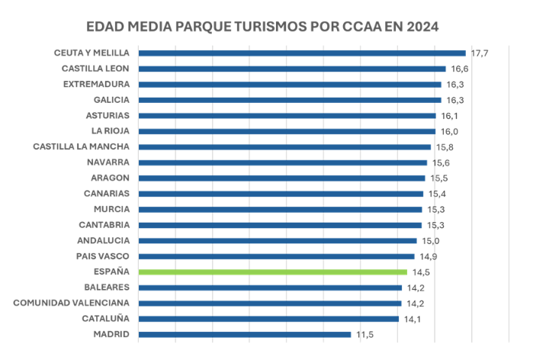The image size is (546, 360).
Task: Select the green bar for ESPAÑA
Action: pos(273,272)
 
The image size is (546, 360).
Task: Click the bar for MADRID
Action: pos(245,334)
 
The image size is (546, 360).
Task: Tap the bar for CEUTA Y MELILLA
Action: pos(302,53)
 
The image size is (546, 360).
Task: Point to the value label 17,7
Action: pos(479,53)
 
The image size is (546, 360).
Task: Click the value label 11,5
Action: pos(365,334)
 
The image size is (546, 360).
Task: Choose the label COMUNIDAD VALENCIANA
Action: pos(72,303)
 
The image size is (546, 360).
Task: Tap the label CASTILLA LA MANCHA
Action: pos(82,146)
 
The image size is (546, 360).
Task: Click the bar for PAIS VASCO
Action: pos(277,256)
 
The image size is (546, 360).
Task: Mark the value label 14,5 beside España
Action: pos(420,272)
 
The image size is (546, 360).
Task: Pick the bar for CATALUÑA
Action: pos(269,319)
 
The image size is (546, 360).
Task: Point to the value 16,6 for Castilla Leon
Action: pos(459,69)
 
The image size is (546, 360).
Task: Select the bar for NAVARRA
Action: pos(283,162)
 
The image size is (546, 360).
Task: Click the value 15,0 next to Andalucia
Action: pos(430,240)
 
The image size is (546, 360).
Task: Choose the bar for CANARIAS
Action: pos(281,194)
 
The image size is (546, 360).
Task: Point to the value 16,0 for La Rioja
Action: pos(448,131)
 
